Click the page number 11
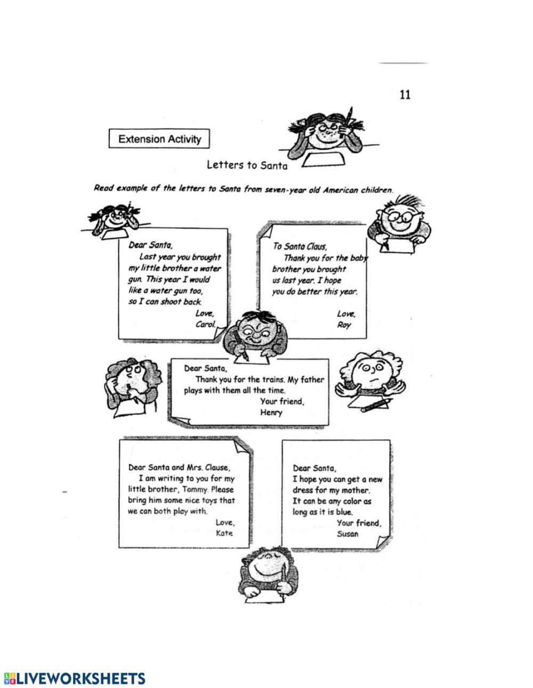[x=405, y=95]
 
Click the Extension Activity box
[x=159, y=140]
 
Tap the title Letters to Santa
[x=247, y=165]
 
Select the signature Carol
[x=205, y=324]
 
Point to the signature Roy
[x=344, y=325]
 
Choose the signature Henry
[x=271, y=412]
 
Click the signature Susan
[x=348, y=533]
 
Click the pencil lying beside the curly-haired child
[x=377, y=407]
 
